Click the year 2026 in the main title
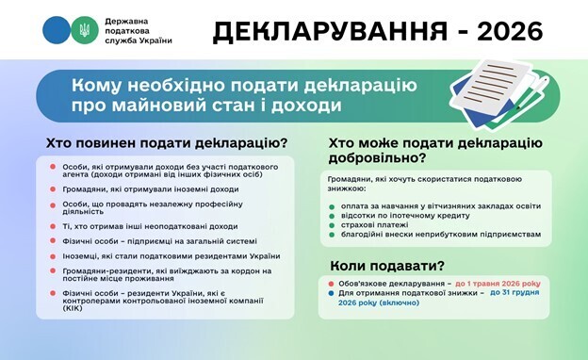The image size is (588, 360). click(x=510, y=31)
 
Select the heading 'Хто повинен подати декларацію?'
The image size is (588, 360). click(x=167, y=143)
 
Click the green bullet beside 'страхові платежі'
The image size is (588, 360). click(x=334, y=224)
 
